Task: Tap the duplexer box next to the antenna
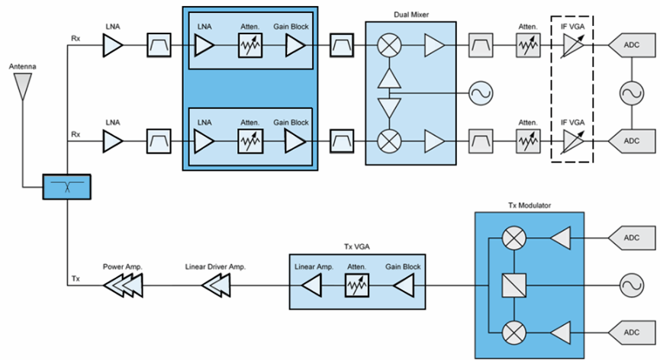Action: click(x=66, y=187)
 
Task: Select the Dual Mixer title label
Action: click(x=410, y=13)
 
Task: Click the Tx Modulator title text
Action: click(x=529, y=206)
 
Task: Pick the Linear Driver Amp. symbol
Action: click(x=219, y=287)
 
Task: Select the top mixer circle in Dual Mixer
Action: click(x=390, y=47)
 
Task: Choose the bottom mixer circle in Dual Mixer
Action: click(x=390, y=141)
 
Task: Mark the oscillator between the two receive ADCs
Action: click(x=632, y=94)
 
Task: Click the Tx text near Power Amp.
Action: click(x=76, y=279)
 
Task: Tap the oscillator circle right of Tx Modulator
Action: click(x=632, y=287)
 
